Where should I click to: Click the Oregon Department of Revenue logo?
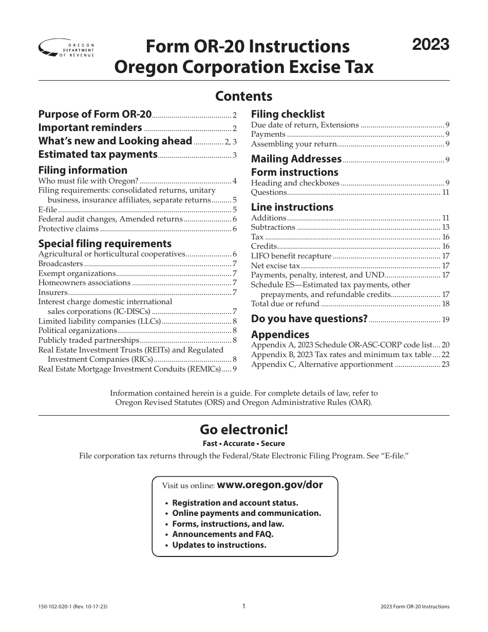(67, 49)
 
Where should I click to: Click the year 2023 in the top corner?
(431, 45)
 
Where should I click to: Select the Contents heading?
(243, 96)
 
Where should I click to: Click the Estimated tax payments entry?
(98, 154)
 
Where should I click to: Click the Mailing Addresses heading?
(296, 159)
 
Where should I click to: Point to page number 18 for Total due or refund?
(445, 304)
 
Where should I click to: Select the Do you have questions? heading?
(309, 319)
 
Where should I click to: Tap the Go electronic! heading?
(244, 429)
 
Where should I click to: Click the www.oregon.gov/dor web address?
(270, 485)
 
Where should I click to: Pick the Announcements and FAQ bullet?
(222, 534)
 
